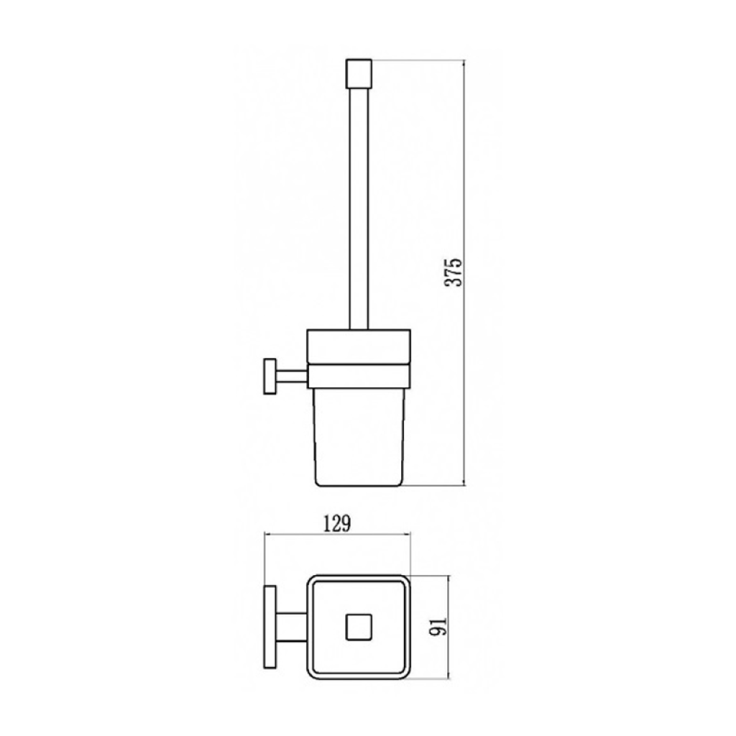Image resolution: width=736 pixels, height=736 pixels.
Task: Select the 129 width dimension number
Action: tap(338, 524)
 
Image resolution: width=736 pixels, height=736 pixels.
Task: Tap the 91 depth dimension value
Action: tap(438, 626)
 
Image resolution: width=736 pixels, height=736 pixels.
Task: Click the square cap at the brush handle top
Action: tap(359, 74)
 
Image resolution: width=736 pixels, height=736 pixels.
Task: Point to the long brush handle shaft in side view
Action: tap(359, 209)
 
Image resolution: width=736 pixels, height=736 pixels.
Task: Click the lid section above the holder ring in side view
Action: tap(359, 346)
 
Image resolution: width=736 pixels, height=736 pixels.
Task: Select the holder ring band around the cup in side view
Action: tap(359, 376)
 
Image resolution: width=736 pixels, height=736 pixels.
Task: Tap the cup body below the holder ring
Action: tap(359, 436)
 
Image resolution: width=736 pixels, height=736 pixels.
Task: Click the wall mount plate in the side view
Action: tap(270, 376)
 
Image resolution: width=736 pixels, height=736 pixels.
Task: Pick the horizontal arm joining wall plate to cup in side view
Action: tap(292, 376)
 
